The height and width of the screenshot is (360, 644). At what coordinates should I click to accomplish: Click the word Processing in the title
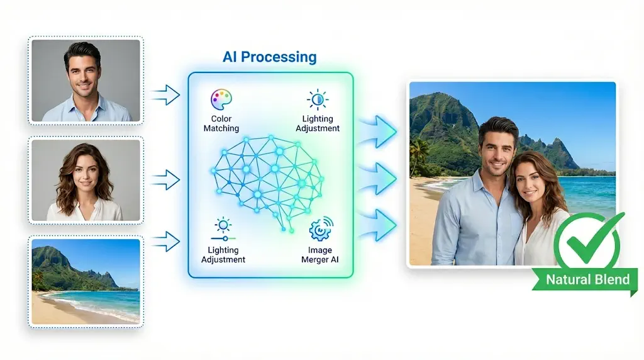(279, 57)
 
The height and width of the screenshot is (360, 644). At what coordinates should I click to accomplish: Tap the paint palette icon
(221, 99)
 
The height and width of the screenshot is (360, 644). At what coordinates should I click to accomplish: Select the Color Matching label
(221, 123)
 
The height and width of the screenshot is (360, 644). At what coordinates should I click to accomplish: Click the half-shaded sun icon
(317, 99)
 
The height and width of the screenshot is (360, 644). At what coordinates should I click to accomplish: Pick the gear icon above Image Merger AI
(321, 230)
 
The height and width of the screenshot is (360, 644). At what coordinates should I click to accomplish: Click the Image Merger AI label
(319, 255)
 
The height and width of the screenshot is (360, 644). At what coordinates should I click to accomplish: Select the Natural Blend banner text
(587, 279)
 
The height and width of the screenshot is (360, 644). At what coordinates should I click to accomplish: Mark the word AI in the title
(231, 57)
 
